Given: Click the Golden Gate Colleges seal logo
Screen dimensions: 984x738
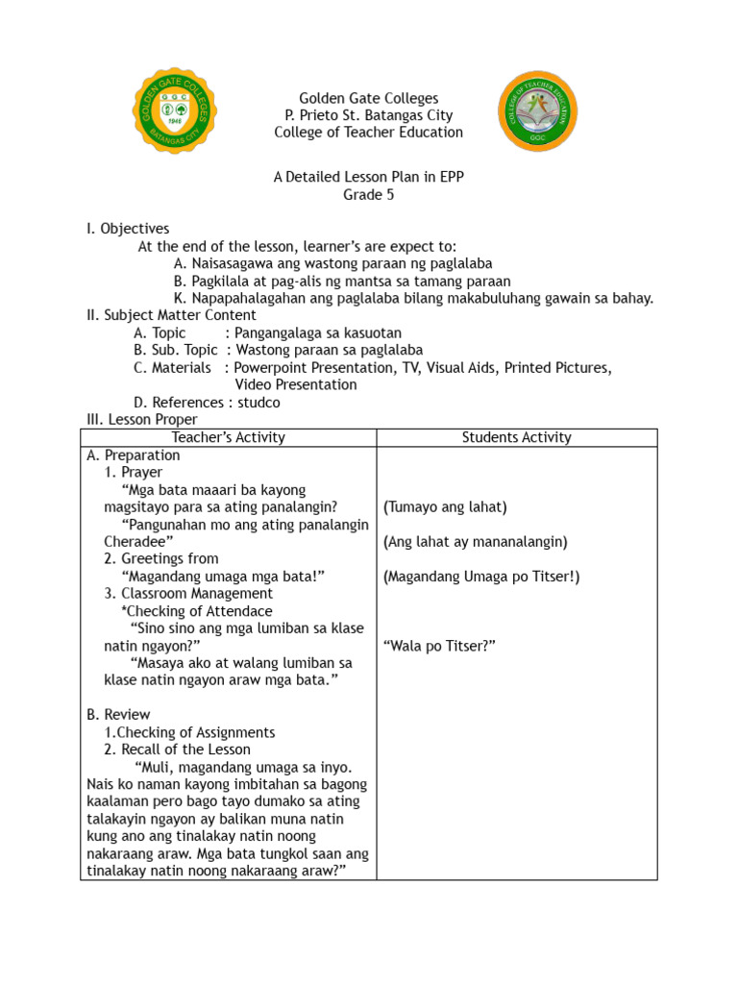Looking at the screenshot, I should tap(174, 111).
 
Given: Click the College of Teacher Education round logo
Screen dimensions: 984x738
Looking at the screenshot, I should tap(537, 111).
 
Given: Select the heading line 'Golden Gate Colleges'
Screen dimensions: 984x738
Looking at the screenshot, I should tap(368, 98).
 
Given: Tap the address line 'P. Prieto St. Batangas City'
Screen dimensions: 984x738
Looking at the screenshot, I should tap(368, 115).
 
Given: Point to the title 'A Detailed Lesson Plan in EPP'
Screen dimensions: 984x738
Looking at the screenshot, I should tap(368, 178).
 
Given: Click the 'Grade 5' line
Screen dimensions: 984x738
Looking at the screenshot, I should tap(368, 195).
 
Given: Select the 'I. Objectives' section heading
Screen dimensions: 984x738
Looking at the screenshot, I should tap(128, 229).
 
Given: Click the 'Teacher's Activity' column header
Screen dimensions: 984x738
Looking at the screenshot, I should tap(228, 437).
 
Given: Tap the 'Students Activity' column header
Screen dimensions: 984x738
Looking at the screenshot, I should tap(516, 437).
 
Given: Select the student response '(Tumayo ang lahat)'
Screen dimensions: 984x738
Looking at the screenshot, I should tap(444, 506).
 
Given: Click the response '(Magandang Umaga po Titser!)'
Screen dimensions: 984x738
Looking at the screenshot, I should tap(480, 576).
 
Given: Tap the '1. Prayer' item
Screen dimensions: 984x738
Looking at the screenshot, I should tap(134, 472).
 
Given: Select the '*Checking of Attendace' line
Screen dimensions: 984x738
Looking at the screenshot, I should tap(196, 610).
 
